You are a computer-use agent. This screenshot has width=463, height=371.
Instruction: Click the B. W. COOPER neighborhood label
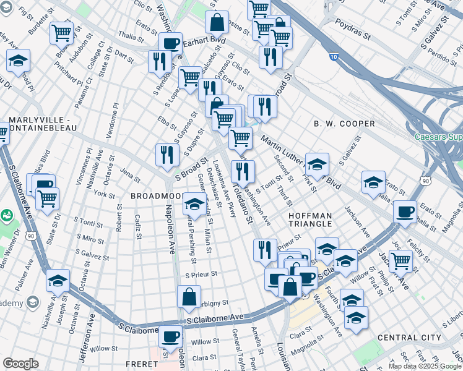click(x=344, y=124)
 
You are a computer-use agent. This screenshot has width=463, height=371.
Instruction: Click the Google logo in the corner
click(x=20, y=364)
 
